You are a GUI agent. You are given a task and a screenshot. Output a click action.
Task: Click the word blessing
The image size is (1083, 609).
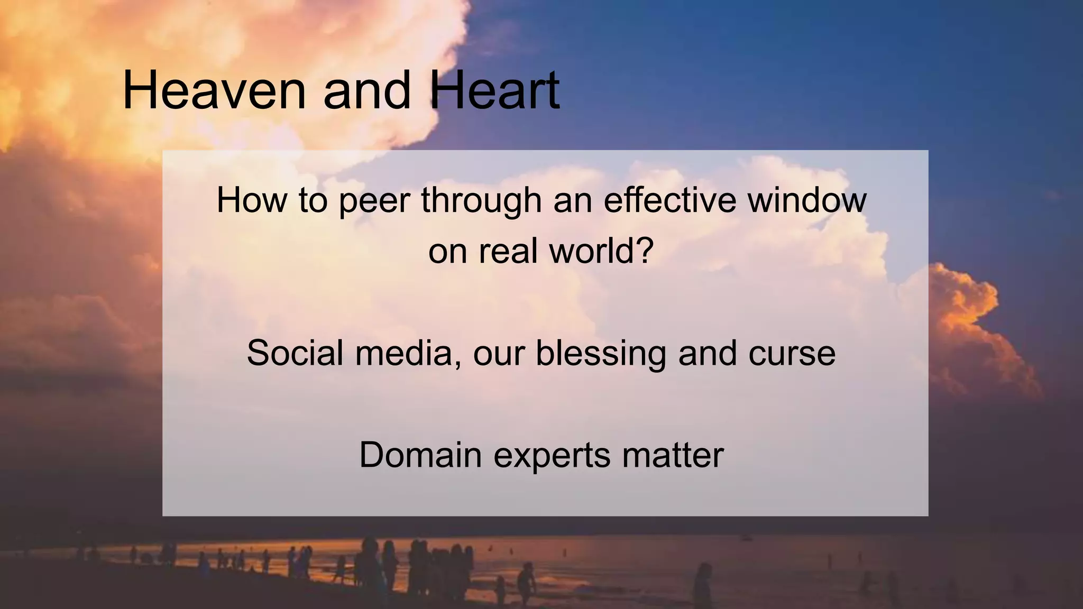pyautogui.click(x=601, y=353)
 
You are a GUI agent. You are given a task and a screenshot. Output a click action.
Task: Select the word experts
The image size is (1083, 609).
pyautogui.click(x=552, y=456)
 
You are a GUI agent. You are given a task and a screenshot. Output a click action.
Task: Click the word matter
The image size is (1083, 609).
pyautogui.click(x=673, y=455)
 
